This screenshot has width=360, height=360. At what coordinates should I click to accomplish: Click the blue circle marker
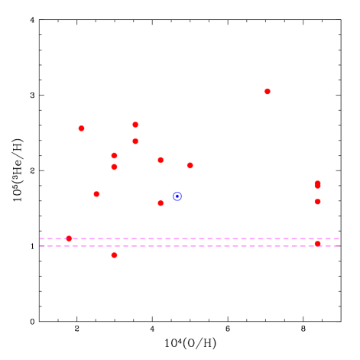[177, 196]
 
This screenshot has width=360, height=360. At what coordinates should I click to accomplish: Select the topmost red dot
[267, 92]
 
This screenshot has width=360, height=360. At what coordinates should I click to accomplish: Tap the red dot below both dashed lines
[114, 255]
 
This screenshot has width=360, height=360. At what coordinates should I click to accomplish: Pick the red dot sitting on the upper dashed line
[69, 238]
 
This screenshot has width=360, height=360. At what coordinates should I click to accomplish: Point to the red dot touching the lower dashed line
[317, 244]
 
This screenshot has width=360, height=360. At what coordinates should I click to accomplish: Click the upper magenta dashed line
[191, 238]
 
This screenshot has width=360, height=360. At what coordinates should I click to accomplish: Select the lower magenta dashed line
[191, 246]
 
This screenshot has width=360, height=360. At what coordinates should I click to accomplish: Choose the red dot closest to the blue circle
[161, 203]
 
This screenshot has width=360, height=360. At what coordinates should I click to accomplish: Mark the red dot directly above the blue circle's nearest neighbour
[161, 161]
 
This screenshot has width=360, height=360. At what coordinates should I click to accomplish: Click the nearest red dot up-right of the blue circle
[190, 165]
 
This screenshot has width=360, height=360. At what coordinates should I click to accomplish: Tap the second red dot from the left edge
[81, 128]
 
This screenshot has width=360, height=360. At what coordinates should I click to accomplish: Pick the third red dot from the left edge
[96, 194]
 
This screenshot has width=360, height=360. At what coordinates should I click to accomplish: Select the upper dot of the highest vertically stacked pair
[135, 125]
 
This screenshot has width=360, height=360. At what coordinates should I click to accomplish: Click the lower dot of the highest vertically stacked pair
[135, 141]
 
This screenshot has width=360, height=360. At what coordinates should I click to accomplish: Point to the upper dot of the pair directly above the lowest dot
[114, 156]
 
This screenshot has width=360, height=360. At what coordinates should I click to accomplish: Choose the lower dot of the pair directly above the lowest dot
[114, 167]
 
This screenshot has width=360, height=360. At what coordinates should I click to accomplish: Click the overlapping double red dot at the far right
[317, 185]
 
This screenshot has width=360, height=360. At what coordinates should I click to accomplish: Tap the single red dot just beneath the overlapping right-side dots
[317, 202]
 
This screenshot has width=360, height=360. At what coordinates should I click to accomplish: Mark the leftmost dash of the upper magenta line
[42, 238]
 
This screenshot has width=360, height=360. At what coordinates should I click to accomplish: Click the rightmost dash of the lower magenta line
[336, 246]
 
